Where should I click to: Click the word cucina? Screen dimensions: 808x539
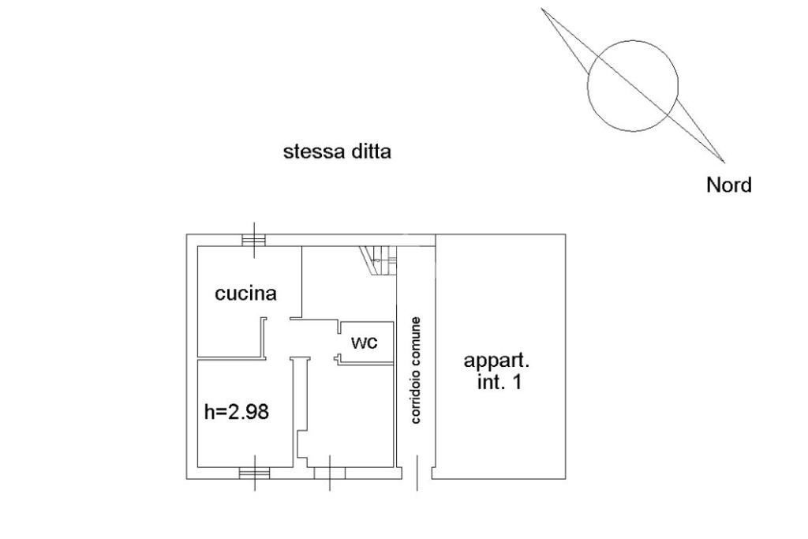[x=246, y=294]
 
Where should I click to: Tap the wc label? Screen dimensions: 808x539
[x=364, y=342]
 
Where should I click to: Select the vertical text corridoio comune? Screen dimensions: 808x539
[x=417, y=370]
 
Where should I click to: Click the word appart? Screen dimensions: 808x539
[x=496, y=361]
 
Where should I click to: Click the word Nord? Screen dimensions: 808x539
[x=728, y=185]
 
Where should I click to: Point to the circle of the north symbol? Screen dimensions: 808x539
[x=633, y=85]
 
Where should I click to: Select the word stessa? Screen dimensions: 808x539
[x=312, y=152]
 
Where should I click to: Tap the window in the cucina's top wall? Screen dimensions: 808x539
[x=254, y=239]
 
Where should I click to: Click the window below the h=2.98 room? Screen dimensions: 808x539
[x=254, y=473]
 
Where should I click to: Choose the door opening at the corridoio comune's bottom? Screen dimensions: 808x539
[x=417, y=473]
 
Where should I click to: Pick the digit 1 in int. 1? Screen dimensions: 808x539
[x=518, y=384]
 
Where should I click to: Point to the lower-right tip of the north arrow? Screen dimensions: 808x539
[x=724, y=162]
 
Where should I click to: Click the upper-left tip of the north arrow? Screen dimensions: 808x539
[x=541, y=9]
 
